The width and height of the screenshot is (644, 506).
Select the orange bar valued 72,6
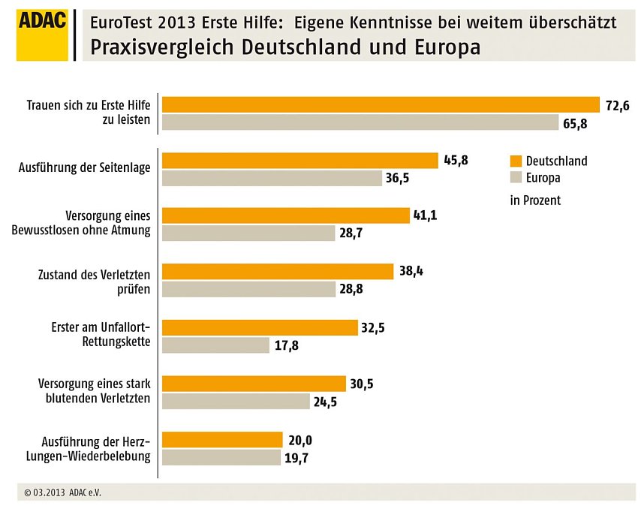coord(381,104)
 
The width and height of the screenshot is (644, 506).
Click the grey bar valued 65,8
coord(360,122)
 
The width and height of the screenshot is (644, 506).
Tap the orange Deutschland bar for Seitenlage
coord(300,161)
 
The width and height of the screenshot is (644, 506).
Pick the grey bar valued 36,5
coord(272,178)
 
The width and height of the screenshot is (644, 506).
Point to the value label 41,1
coord(425,215)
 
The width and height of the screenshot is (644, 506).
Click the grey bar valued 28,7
coord(248,233)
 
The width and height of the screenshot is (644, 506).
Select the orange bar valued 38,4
coord(278,271)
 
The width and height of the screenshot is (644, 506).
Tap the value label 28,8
coord(351,288)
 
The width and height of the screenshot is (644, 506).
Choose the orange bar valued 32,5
coord(260,327)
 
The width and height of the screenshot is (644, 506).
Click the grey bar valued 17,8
coord(215,345)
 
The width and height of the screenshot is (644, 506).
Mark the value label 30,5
coord(361,384)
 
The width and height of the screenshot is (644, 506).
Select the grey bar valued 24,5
coord(236,401)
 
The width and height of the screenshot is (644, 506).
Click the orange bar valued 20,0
coord(222,439)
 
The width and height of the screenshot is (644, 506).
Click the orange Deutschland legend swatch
coord(515,161)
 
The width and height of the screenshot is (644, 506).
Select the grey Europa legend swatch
coord(515,179)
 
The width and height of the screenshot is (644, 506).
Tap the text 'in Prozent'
coord(535,200)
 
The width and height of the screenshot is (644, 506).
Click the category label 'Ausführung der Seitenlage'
coord(84,167)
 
